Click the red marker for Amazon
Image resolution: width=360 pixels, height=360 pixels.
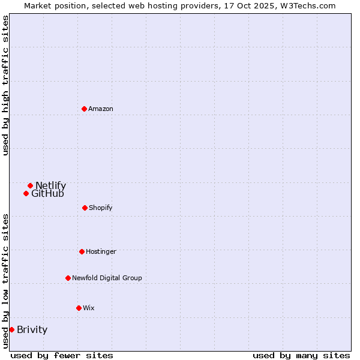point(84,109)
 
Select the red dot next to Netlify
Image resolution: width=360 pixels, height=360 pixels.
point(30,185)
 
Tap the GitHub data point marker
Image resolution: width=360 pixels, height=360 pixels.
point(26,193)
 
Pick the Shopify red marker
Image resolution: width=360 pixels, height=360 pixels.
point(85,208)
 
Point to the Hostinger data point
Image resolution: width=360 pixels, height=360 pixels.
point(82,251)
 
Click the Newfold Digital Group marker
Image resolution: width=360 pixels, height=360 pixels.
point(68,278)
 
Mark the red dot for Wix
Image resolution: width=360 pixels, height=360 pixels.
point(79,308)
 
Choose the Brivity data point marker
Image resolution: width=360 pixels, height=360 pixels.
point(11,329)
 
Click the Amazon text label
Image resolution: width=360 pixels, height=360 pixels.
point(101,109)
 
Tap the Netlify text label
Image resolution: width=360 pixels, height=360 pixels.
point(50,185)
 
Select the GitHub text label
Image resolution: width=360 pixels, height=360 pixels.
point(47,193)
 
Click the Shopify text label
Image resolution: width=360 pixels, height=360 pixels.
point(101,208)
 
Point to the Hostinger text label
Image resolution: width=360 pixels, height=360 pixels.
point(101,251)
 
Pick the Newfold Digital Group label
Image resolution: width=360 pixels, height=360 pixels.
point(107,278)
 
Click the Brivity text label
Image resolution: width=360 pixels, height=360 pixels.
point(32,329)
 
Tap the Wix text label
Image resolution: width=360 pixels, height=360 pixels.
point(89,308)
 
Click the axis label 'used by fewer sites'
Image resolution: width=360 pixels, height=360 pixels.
point(62,355)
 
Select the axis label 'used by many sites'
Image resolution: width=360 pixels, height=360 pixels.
point(301,355)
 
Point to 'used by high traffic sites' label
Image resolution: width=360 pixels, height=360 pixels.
point(5,85)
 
